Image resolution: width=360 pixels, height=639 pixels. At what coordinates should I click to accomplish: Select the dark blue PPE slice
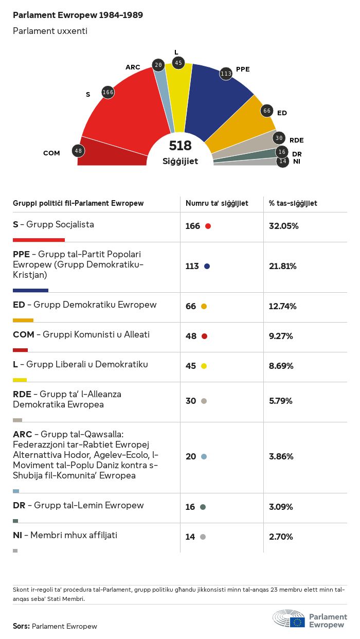tap(216, 103)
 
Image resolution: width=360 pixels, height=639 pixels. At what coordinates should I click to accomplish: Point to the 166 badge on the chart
tap(108, 92)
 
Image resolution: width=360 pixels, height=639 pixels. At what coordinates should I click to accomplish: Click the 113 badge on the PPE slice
tap(226, 74)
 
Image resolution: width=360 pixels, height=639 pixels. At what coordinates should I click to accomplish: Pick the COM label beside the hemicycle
tap(51, 153)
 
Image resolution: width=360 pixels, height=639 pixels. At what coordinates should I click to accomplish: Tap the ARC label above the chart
tap(133, 67)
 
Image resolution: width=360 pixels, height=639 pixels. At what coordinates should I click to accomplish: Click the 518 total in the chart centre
tap(180, 146)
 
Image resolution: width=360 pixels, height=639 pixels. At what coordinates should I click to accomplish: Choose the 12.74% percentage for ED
tap(282, 307)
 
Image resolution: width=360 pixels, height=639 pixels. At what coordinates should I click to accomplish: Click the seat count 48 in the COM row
tap(191, 336)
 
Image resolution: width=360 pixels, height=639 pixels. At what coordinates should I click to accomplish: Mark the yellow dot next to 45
tap(204, 366)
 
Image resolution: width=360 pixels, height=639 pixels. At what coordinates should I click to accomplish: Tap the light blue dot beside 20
tap(204, 457)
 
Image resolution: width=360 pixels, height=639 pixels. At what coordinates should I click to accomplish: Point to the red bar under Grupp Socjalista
tap(39, 240)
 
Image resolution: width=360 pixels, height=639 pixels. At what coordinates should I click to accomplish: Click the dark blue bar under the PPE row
tap(30, 290)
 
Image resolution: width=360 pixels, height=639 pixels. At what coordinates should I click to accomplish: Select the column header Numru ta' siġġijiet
tap(217, 203)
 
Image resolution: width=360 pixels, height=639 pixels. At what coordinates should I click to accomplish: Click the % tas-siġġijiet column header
tap(293, 203)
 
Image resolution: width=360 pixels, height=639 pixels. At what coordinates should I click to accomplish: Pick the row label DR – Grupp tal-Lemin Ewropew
tap(78, 505)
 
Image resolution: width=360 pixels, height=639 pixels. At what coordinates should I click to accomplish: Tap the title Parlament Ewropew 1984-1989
tap(78, 15)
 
